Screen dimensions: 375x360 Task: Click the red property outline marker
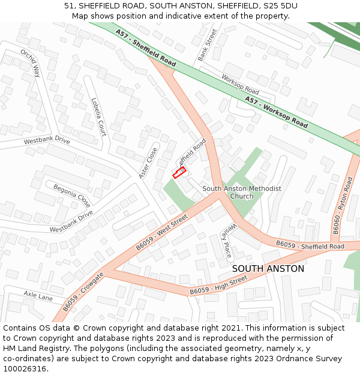point(179,173)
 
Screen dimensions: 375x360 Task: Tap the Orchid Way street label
point(30,63)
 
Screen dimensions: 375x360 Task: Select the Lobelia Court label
point(98,117)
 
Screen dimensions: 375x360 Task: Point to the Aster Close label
point(148,163)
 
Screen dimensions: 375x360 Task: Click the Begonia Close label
point(71,195)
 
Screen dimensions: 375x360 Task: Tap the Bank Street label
point(207,44)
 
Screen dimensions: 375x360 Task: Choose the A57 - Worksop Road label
point(276,112)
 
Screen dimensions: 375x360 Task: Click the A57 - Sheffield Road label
point(146,49)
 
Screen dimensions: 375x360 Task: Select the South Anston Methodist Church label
point(242,192)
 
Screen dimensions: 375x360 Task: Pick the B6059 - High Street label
point(218,284)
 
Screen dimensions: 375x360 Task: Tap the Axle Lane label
point(38,295)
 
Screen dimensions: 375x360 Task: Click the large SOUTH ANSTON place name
point(268,269)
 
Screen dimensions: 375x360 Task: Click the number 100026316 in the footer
point(25,368)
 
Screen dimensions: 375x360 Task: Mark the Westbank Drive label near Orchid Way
point(47,141)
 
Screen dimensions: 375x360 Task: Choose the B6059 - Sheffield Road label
point(310,245)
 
